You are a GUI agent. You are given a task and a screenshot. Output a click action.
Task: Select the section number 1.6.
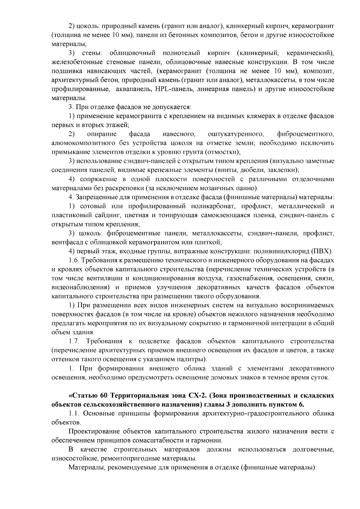tap(73, 260)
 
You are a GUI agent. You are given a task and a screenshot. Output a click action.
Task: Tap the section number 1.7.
tap(74, 341)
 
